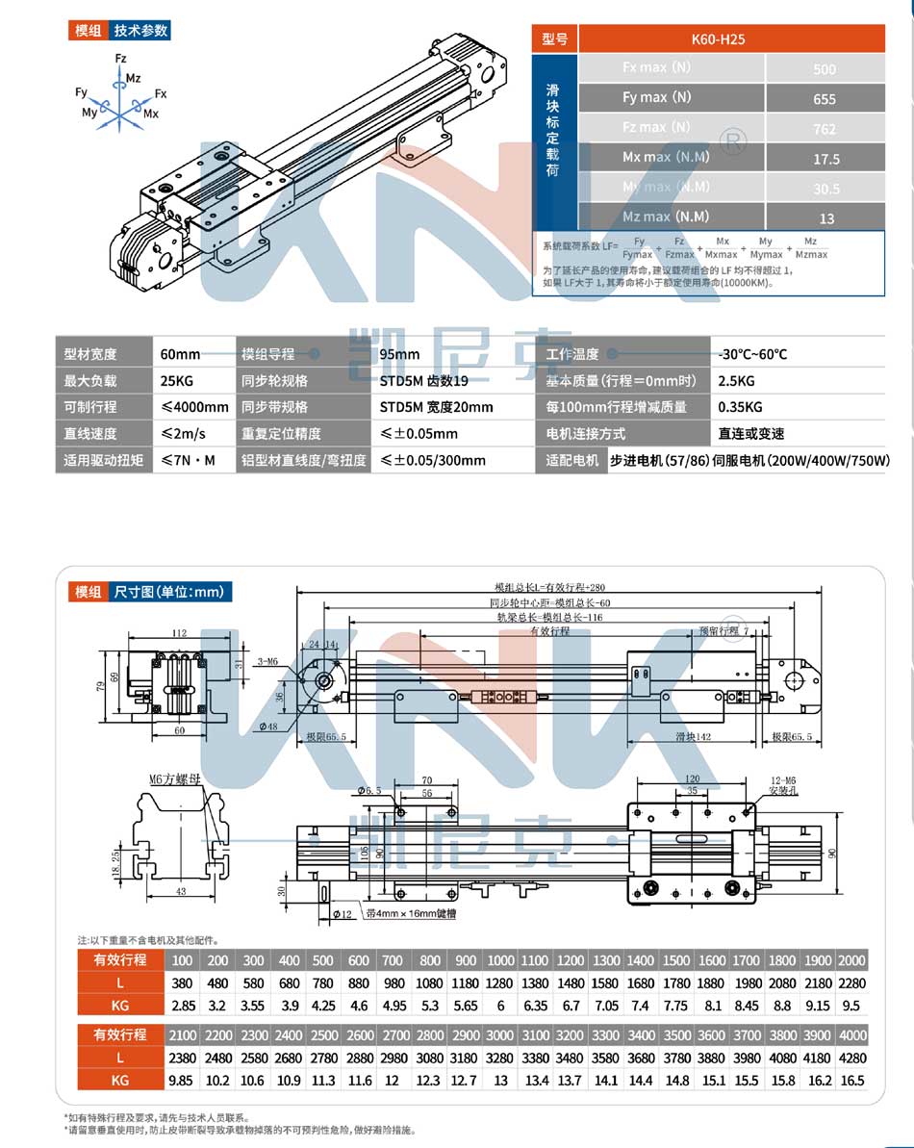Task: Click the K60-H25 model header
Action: [718, 39]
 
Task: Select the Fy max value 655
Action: [825, 98]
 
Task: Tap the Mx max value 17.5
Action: [825, 159]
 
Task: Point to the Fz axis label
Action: [120, 59]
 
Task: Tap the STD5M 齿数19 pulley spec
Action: [423, 380]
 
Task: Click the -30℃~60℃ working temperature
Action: [751, 354]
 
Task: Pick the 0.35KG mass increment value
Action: [740, 407]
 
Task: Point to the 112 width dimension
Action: [179, 633]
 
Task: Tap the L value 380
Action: [182, 983]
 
